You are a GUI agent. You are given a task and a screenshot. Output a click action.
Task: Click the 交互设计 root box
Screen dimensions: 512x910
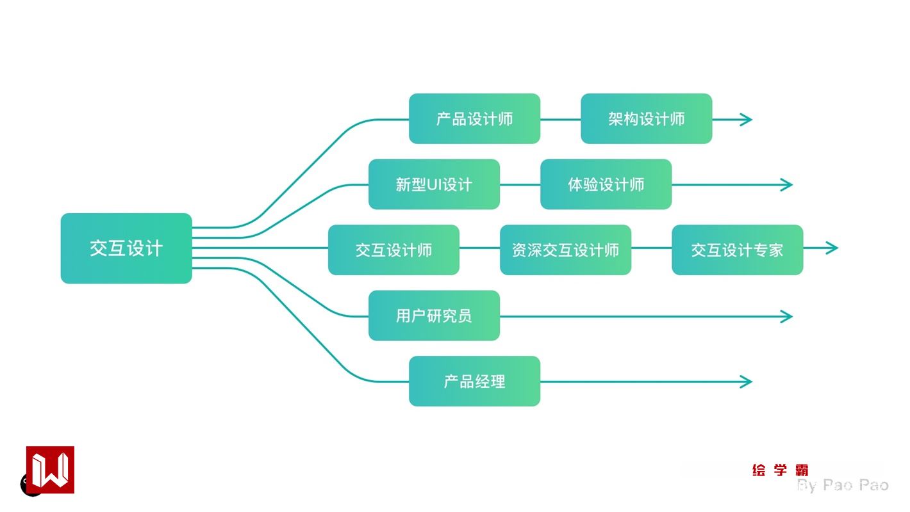126,248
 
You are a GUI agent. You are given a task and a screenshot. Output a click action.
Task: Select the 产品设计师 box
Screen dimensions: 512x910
474,119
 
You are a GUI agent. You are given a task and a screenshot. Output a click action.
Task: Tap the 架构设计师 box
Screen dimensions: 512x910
646,119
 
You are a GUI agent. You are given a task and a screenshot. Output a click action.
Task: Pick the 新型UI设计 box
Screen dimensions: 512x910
434,184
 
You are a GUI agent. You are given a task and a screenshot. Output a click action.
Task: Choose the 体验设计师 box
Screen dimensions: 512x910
606,184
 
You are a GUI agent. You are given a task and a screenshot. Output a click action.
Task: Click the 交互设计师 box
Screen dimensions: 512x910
393,250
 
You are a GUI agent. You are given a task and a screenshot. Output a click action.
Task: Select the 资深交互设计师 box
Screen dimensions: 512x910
565,250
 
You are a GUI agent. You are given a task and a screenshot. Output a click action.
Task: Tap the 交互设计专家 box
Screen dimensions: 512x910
737,250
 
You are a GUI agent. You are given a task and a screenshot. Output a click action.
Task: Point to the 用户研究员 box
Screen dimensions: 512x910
434,316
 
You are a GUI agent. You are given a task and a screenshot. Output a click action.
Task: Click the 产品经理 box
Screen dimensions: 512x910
474,381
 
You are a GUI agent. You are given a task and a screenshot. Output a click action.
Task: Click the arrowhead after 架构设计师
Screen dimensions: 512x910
746,119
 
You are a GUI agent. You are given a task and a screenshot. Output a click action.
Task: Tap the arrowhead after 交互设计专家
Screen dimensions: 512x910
832,248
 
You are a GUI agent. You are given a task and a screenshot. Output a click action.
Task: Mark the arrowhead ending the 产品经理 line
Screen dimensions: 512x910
746,381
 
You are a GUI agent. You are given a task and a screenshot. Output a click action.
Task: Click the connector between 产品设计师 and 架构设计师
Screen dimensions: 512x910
561,119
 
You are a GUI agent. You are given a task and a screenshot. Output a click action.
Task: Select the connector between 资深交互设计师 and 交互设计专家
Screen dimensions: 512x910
651,248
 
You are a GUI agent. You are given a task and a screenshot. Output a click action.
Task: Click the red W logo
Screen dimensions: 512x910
50,470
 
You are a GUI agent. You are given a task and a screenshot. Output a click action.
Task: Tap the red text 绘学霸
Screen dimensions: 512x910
780,470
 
